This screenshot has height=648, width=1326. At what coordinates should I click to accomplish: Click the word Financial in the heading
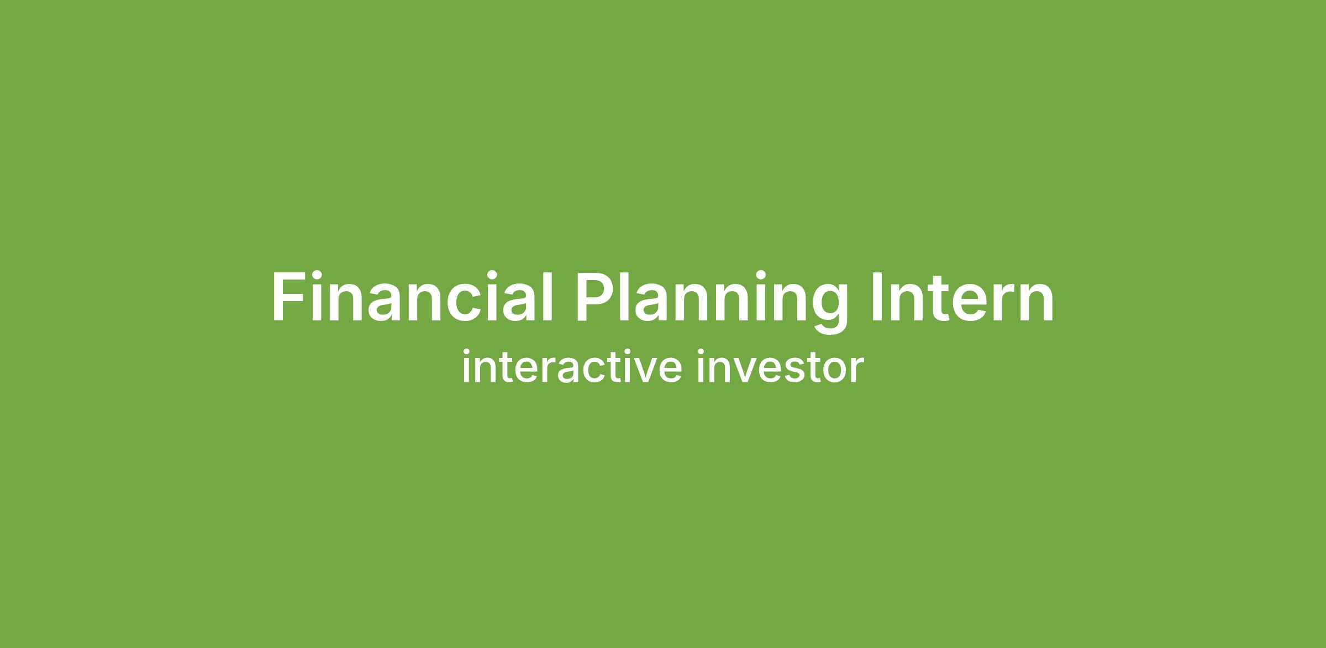[x=412, y=297]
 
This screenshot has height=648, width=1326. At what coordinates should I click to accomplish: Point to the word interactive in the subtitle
[x=572, y=366]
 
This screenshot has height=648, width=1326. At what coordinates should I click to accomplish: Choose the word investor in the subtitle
[x=780, y=366]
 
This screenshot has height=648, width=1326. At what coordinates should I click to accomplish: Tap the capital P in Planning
[x=597, y=297]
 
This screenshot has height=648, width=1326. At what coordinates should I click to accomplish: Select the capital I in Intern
[x=878, y=297]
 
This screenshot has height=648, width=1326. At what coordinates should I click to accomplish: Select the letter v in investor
[x=740, y=370]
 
